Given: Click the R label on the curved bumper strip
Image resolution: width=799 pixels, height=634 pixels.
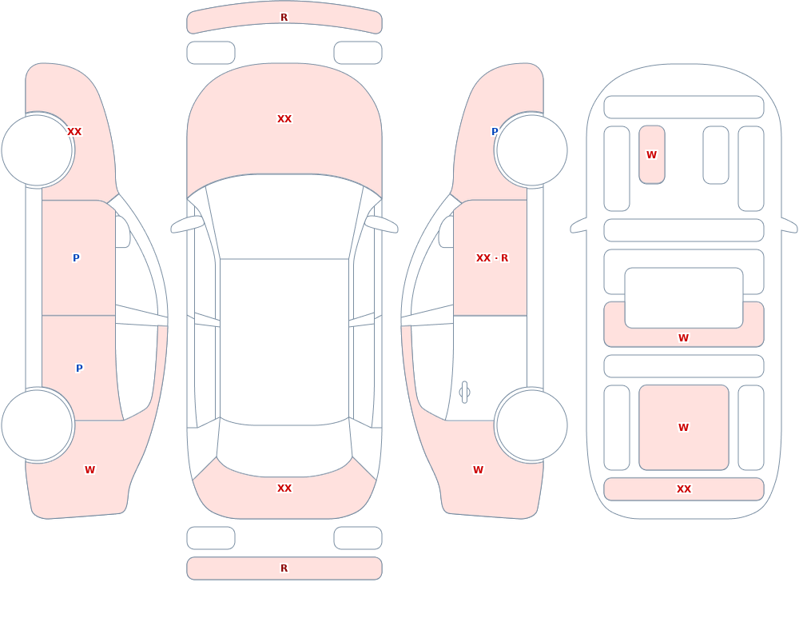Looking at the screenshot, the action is (x=284, y=18).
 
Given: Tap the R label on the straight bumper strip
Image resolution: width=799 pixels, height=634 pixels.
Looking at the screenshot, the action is (x=284, y=568).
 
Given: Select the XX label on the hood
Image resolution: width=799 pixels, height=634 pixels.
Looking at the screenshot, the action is (x=284, y=119).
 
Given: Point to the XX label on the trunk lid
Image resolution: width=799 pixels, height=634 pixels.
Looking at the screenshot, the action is (x=284, y=488).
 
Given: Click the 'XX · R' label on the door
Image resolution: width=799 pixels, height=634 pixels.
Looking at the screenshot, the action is (x=491, y=258).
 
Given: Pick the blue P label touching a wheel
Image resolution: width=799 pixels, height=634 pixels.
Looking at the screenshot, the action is (x=495, y=132).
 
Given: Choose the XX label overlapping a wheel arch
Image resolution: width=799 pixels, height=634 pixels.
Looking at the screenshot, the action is (x=74, y=132).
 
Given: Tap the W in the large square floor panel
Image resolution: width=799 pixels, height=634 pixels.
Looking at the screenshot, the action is (x=683, y=428).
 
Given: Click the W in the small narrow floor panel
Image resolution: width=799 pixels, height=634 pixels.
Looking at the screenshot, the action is (x=651, y=154).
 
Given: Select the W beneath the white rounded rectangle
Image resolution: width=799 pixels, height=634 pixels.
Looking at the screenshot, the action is (x=683, y=337).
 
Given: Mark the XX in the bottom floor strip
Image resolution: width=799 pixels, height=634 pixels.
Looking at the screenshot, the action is (x=683, y=489).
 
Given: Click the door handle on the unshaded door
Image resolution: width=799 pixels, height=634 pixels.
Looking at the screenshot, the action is (x=464, y=393).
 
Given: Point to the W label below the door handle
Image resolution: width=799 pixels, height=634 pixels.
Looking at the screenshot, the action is (x=478, y=470).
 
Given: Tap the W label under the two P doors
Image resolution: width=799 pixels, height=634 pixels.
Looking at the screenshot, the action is (x=89, y=470).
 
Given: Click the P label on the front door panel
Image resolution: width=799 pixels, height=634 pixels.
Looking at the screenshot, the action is (x=76, y=258).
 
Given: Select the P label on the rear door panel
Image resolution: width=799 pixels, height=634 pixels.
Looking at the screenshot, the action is (x=79, y=369).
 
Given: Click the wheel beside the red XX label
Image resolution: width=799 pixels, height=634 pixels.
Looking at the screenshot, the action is (x=38, y=150).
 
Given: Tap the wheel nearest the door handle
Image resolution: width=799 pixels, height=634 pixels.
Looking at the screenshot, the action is (x=531, y=425).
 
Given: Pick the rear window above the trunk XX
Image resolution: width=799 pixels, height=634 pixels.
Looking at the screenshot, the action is (x=284, y=449).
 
